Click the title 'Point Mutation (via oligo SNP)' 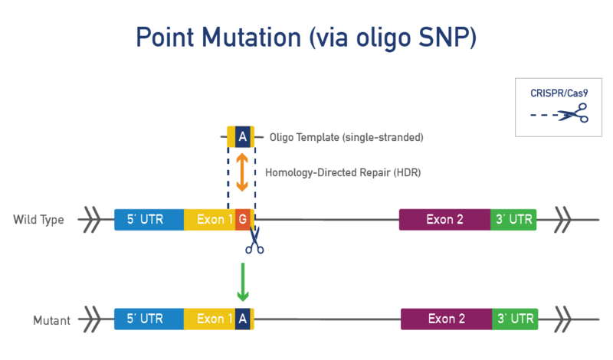tap(306, 38)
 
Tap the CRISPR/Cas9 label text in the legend tap(559, 93)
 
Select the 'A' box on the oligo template tap(242, 137)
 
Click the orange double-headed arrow tap(242, 172)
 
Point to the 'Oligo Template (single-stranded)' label tap(346, 138)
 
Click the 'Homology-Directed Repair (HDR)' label tap(343, 172)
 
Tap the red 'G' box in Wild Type tap(242, 220)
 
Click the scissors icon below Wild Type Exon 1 tap(254, 240)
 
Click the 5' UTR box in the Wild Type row tap(149, 220)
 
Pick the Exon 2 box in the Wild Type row tap(444, 220)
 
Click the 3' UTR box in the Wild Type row tap(513, 220)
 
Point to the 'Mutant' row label tap(51, 320)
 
